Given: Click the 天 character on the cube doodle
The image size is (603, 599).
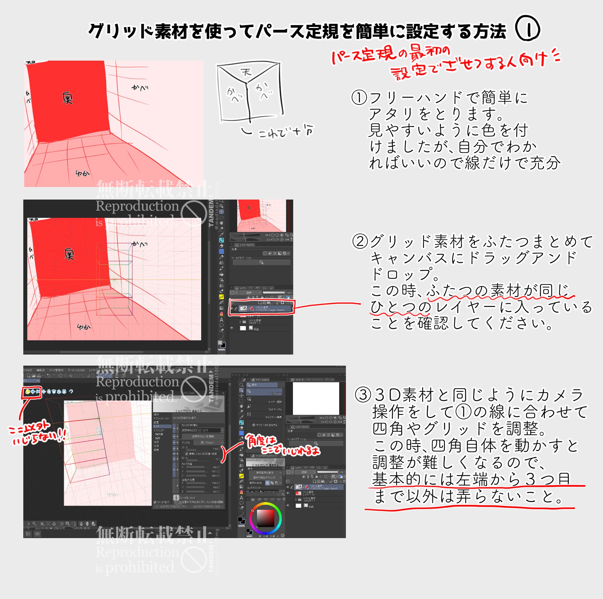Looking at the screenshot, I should [246, 73].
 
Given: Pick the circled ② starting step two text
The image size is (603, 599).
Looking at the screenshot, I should [360, 242].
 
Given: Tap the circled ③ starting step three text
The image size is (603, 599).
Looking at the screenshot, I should [362, 395].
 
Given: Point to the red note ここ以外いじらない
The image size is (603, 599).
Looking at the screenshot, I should [37, 432].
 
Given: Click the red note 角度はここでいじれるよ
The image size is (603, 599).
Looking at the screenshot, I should [281, 445].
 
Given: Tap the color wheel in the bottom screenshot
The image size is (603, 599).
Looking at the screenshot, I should [265, 519].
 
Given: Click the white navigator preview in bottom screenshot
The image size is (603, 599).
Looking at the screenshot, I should [316, 398].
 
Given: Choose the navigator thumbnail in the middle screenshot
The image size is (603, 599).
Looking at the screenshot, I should [261, 215].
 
